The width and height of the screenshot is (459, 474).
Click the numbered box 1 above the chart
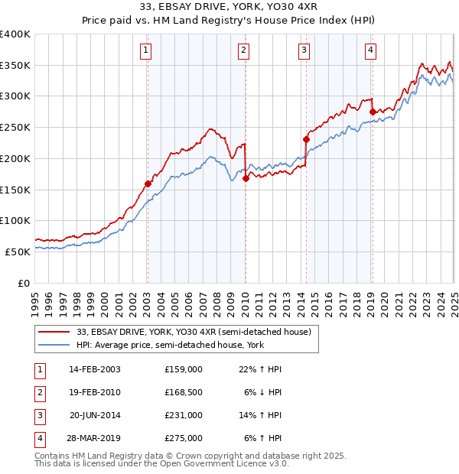pos(145,51)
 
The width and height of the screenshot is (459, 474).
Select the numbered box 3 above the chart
pos(304,51)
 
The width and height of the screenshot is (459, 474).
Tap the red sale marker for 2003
pos(148,183)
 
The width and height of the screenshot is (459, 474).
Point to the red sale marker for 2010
pos(246,178)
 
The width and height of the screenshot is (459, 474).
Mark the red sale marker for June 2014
pos(306,139)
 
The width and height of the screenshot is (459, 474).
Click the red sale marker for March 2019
pos(373,112)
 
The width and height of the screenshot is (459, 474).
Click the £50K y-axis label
pos(18,252)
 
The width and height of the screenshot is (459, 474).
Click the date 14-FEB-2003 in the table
pos(94,368)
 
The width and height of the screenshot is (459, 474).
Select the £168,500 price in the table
pos(184,392)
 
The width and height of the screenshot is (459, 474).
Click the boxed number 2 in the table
pos(39,392)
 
